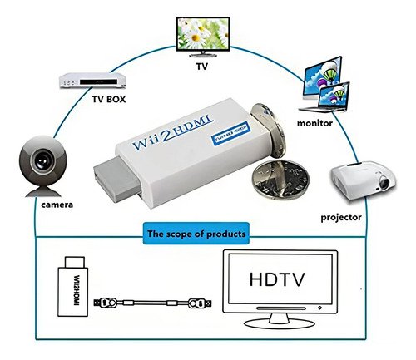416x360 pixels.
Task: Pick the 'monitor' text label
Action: coord(314,123)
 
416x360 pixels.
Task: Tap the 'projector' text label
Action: coord(341,217)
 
